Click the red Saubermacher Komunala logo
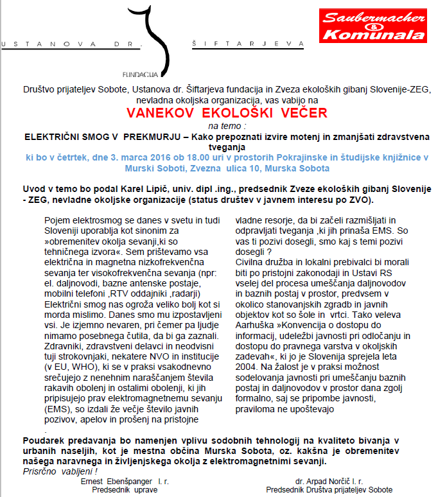pos(373,26)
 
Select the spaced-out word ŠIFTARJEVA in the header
pos(247,44)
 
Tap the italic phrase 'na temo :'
pos(218,126)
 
